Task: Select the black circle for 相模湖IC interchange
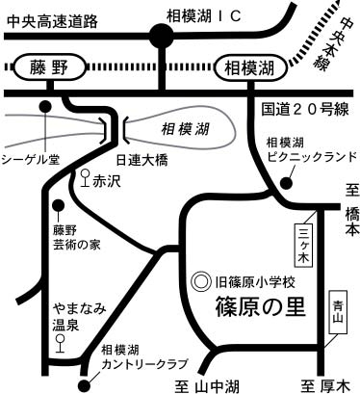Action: click(x=162, y=36)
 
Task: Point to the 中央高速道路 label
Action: click(x=52, y=21)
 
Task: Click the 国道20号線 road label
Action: click(x=304, y=109)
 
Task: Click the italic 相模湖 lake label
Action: click(x=185, y=130)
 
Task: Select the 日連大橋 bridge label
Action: click(x=141, y=160)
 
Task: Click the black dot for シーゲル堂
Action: click(x=45, y=106)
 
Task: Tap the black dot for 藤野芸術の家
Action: click(x=59, y=204)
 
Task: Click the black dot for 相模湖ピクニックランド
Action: click(x=286, y=183)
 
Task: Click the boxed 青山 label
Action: click(x=338, y=312)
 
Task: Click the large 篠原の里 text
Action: click(x=260, y=306)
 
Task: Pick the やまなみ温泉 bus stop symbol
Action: click(x=60, y=343)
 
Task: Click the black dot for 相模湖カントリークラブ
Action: click(x=84, y=384)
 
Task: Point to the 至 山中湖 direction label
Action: click(x=207, y=386)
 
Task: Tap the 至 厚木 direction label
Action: click(x=324, y=386)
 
